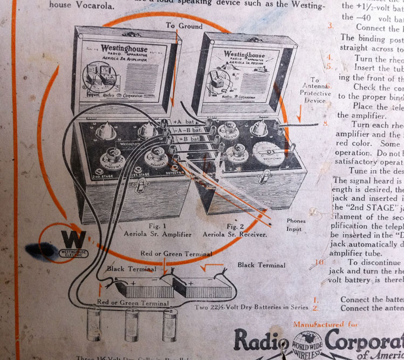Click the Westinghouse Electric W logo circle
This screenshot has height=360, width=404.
tap(70, 242)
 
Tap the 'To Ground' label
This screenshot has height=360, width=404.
tap(184, 26)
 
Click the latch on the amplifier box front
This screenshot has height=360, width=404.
tap(142, 186)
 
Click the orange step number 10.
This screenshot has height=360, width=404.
tap(320, 262)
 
